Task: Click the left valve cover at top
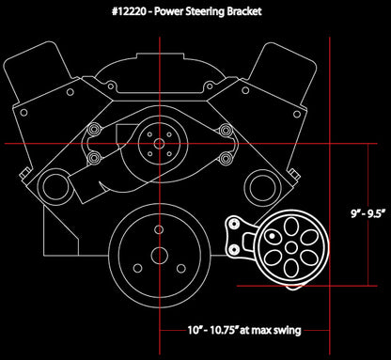[47, 66]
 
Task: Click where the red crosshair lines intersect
[157, 143]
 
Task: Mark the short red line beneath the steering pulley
[282, 285]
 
